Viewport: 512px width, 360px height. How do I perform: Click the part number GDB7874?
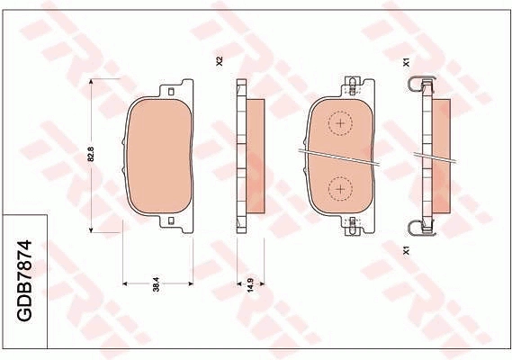[24, 281]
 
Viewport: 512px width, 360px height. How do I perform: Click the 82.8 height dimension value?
[91, 154]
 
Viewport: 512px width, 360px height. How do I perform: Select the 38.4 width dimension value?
[157, 284]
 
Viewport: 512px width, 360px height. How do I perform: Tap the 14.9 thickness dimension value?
[251, 285]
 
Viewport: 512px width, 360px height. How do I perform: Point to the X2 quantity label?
[220, 61]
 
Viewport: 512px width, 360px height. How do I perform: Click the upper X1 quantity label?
[406, 62]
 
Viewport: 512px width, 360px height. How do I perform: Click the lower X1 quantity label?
[406, 250]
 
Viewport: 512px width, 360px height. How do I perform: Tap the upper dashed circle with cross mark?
[340, 123]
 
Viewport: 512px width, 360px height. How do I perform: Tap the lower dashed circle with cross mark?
[340, 189]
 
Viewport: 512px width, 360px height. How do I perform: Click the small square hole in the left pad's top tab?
[171, 92]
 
